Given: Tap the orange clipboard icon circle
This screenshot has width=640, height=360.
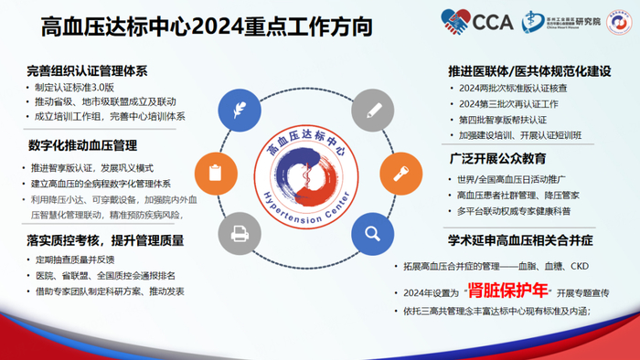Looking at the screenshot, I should (215, 171).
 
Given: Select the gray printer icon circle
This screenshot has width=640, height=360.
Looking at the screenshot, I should (240, 232).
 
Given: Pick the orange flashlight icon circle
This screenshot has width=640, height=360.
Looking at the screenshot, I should (400, 171).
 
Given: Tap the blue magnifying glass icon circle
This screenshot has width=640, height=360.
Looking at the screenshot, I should (372, 232).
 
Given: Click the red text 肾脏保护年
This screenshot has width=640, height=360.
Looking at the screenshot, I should (507, 291).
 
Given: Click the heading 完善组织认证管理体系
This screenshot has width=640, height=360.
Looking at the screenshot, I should (88, 71).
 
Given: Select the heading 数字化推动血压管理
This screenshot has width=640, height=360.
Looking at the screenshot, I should (80, 145).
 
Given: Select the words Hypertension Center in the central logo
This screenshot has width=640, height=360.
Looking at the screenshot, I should (305, 195).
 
